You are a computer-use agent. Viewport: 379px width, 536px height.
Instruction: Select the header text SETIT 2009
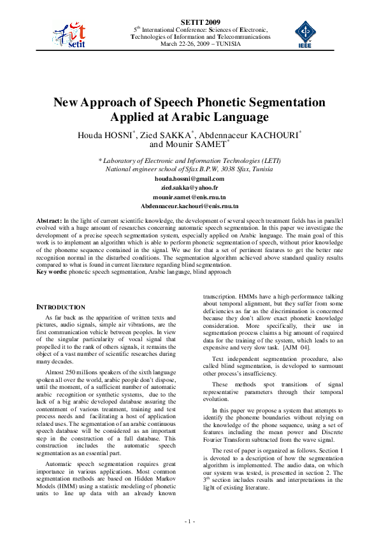coord(200,22)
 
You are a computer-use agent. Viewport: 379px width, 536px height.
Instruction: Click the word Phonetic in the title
coord(236,102)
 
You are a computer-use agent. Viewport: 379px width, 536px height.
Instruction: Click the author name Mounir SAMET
coord(204,144)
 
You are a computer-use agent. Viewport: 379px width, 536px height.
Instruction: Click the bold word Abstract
coord(49,219)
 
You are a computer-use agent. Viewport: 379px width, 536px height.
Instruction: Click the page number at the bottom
coord(189,521)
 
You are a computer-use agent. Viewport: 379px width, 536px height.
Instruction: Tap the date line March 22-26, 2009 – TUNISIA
coord(200,44)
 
